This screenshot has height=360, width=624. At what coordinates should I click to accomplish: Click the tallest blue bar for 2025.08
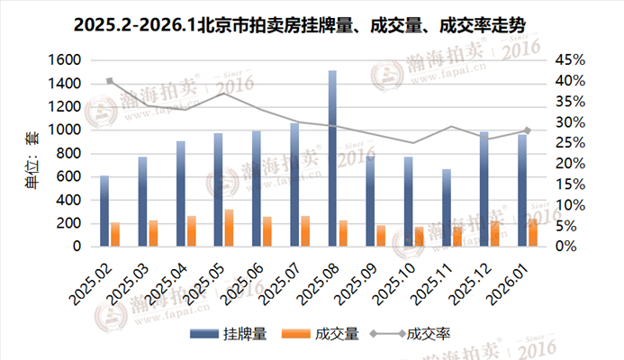[x=332, y=157]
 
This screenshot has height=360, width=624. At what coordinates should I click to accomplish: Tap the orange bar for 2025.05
[x=229, y=228]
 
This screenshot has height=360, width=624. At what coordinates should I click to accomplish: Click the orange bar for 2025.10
[x=419, y=236]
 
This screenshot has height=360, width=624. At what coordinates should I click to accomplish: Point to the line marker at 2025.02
[x=110, y=81]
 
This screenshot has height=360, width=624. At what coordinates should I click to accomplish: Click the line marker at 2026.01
[x=528, y=130]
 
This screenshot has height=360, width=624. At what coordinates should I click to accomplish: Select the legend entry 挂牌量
[x=233, y=334]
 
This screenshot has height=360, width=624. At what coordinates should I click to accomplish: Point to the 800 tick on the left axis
[x=68, y=153]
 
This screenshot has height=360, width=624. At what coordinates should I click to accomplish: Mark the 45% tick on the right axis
[x=568, y=60]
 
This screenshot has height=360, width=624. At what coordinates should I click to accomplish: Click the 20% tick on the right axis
[x=568, y=164]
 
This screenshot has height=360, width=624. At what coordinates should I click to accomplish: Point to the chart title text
[x=312, y=20]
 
